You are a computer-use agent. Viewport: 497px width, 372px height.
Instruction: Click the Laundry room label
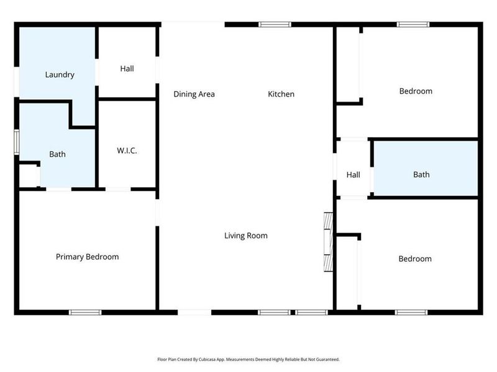[x=60, y=75]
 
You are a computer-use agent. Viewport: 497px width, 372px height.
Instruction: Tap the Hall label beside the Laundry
[x=127, y=69]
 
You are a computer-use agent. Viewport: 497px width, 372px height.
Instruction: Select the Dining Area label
[x=194, y=94]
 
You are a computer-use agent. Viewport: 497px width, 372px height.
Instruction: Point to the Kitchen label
[x=281, y=94]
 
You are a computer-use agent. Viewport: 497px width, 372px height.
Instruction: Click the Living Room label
[x=246, y=236]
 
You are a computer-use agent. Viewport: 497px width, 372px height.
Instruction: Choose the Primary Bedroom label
[x=87, y=257]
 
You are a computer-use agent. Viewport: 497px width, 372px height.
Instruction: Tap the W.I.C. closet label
[x=127, y=151]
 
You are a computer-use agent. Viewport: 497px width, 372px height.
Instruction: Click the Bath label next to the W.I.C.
[x=57, y=154]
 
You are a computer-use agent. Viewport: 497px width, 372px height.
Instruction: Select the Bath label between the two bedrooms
[x=421, y=175]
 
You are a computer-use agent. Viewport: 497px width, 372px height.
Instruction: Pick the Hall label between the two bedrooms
[x=353, y=175]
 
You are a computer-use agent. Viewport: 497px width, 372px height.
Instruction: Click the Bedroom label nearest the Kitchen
[x=415, y=91]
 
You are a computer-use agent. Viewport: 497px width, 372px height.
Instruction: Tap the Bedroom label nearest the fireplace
[x=414, y=259]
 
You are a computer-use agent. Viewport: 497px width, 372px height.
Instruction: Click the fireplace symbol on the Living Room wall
[x=328, y=242]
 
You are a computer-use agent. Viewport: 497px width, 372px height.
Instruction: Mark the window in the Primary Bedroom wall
[x=85, y=312]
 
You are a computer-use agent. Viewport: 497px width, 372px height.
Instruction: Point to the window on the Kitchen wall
[x=275, y=25]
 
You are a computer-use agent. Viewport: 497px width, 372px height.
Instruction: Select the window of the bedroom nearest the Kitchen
[x=413, y=25]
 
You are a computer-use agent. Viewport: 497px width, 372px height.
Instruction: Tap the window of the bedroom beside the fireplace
[x=411, y=312]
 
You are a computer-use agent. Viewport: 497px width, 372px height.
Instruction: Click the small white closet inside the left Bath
[x=29, y=175]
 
